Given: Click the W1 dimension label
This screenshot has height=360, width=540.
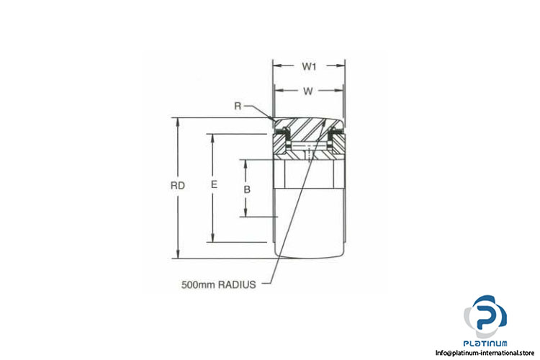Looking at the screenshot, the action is [309, 66].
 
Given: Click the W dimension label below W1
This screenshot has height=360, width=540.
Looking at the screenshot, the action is [308, 91].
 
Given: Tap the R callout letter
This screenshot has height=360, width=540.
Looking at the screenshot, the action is [238, 106].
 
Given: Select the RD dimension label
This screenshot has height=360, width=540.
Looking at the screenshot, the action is [178, 186].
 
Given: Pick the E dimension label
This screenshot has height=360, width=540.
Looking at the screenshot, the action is [214, 184].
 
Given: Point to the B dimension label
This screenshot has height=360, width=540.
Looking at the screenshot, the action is [247, 189].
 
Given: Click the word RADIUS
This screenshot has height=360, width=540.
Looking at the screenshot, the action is [238, 285].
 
